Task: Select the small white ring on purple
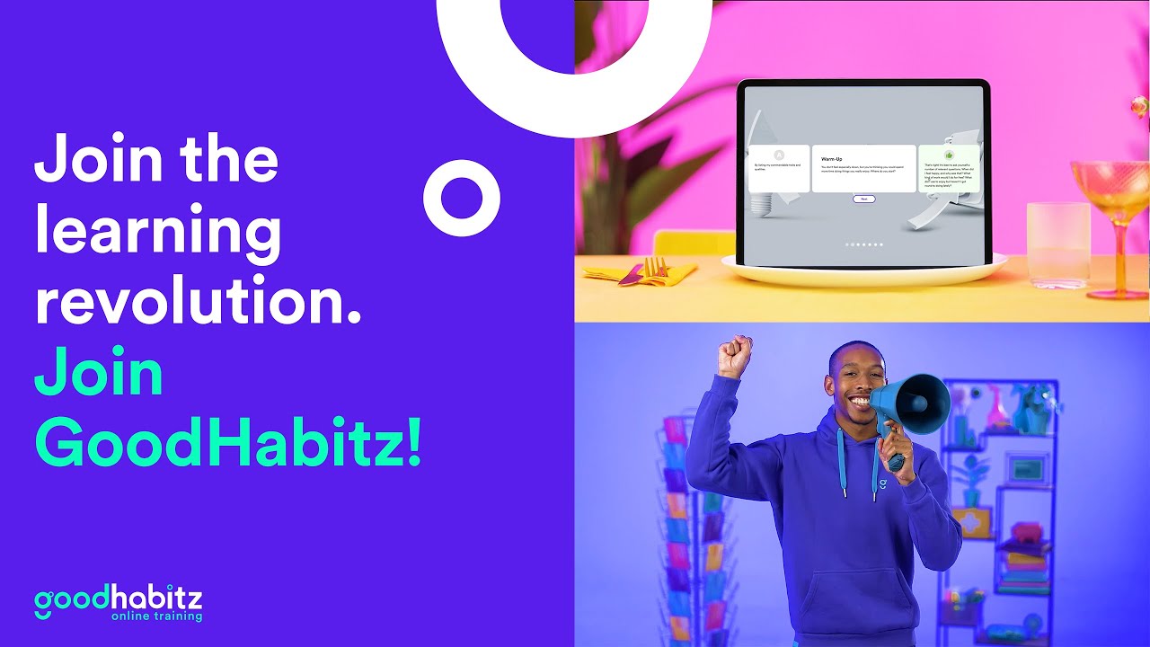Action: point(461,197)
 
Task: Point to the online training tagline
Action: point(156,616)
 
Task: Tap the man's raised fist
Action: point(734,356)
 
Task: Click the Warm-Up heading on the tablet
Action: point(832,158)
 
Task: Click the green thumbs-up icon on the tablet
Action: point(949,155)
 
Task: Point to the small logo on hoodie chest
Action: point(882,484)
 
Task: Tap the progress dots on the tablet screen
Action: point(863,244)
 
